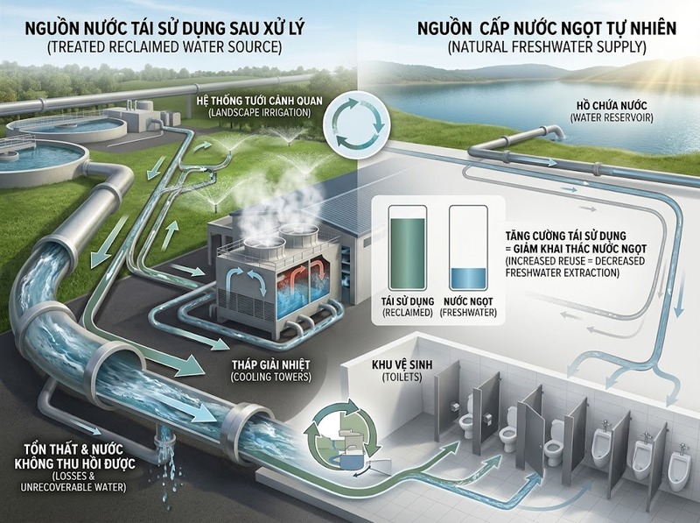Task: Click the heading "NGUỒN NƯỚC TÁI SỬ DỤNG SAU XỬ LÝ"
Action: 164,28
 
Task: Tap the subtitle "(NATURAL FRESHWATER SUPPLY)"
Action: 547,47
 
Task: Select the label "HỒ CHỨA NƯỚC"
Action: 612,106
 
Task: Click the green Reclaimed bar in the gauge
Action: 408,253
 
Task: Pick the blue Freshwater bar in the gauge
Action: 468,279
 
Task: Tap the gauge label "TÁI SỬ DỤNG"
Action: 407,301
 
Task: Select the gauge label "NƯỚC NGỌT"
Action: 468,301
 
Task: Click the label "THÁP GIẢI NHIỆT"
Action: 271,364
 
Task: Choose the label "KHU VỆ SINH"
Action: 402,364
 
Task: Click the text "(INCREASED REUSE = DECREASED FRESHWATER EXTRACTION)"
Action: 576,266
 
